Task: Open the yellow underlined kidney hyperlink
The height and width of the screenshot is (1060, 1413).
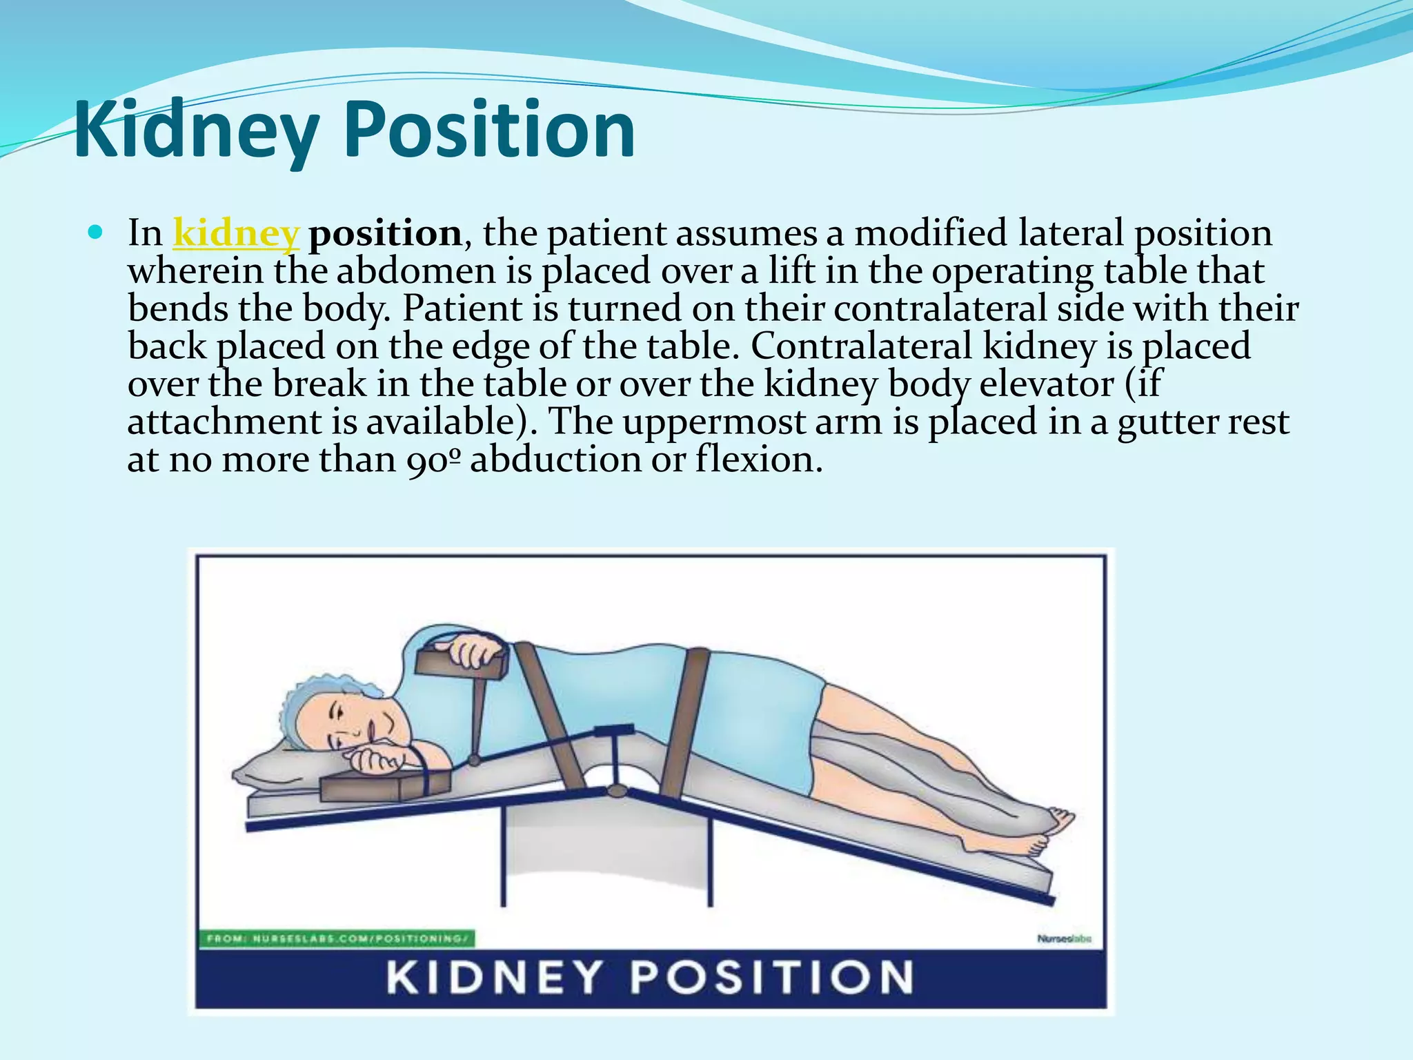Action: click(235, 233)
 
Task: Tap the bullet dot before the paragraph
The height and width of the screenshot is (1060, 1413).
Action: click(96, 232)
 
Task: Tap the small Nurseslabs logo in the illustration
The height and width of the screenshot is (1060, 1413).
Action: click(1064, 939)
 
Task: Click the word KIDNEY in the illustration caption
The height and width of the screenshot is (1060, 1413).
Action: click(494, 977)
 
